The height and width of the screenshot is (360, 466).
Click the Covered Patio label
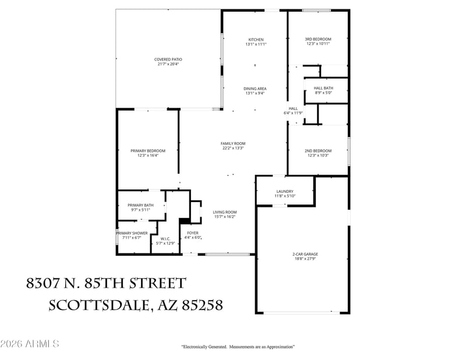[168, 59]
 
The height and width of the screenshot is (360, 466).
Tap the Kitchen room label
[256, 40]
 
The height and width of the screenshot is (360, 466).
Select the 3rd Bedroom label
[317, 40]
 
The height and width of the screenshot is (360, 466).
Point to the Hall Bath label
[323, 88]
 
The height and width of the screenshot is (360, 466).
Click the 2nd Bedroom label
[317, 151]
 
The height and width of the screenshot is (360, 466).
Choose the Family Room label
[232, 143]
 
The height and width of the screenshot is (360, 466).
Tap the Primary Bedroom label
[147, 151]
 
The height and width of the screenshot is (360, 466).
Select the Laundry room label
[285, 192]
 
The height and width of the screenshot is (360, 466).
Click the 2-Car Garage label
[305, 254]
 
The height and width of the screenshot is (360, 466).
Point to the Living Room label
[224, 213]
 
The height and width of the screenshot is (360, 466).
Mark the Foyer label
[193, 233]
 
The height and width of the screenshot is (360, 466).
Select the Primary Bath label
[140, 205]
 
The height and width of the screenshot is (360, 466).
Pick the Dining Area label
[255, 89]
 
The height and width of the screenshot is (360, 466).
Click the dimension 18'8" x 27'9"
[305, 259]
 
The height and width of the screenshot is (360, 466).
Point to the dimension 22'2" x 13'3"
[232, 148]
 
